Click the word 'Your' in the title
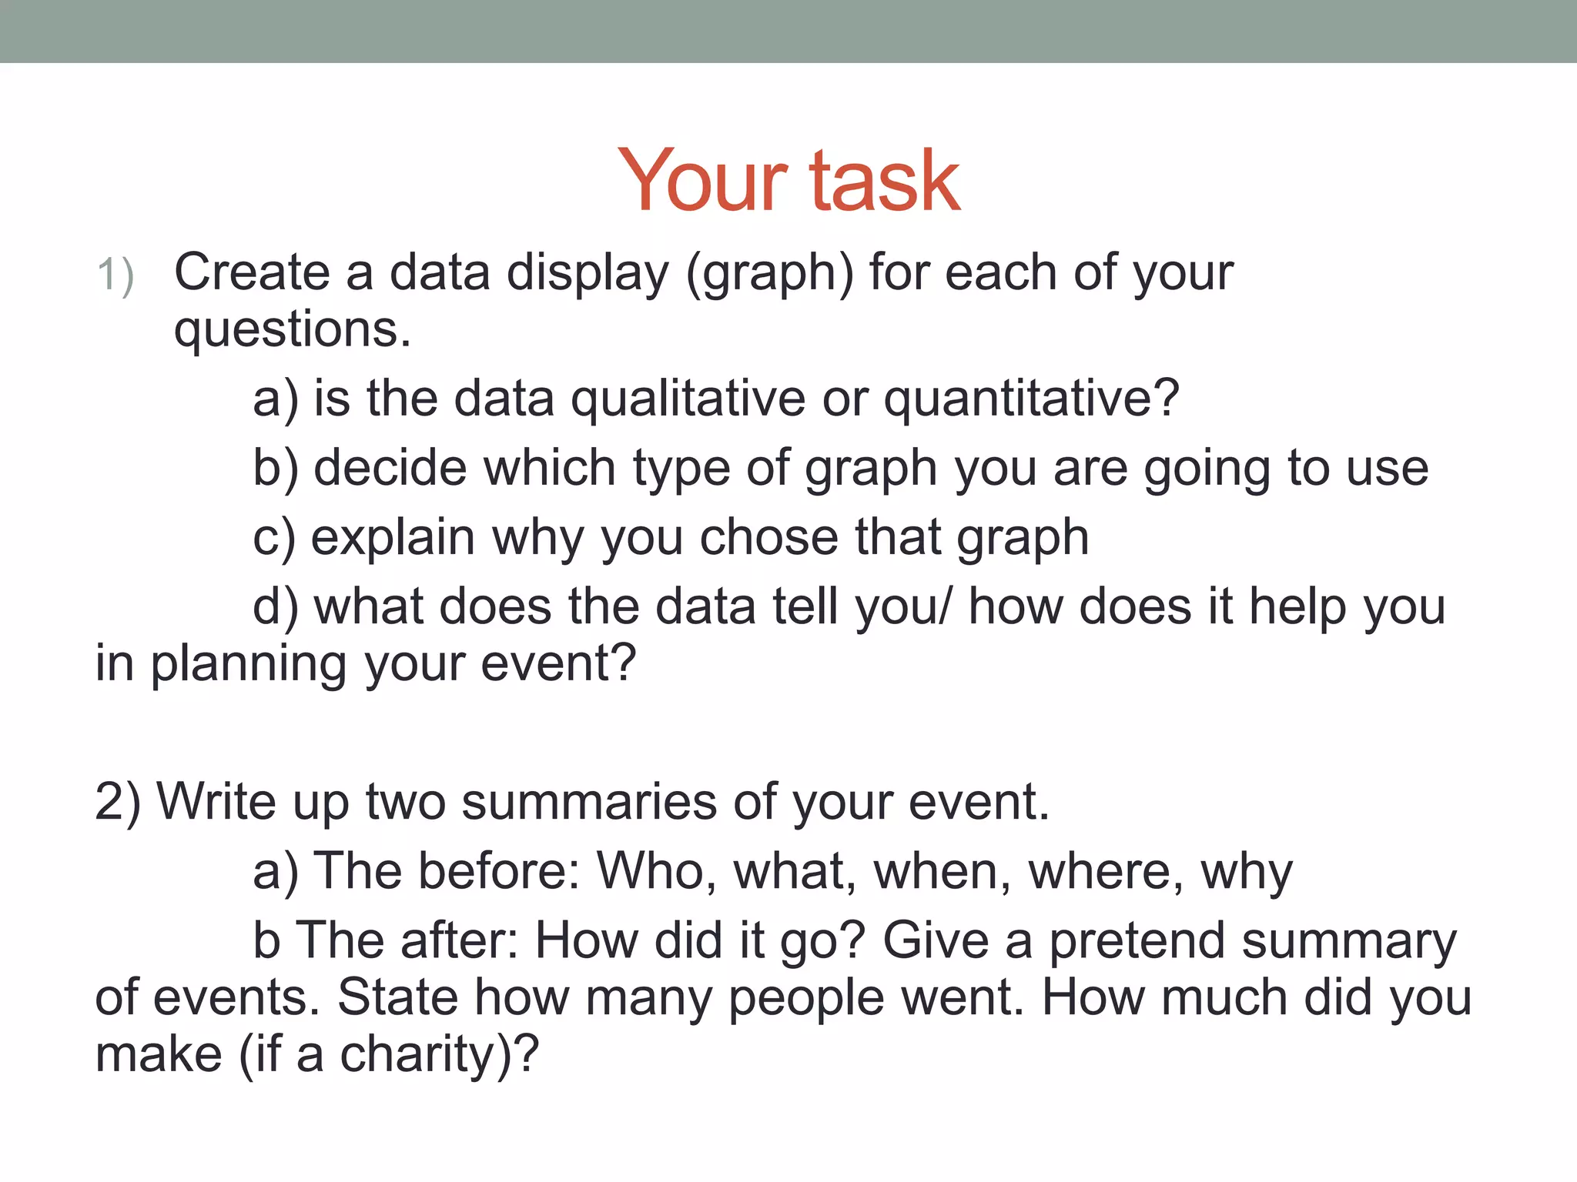[x=702, y=182]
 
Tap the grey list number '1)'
[x=116, y=275]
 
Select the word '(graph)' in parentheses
[x=769, y=274]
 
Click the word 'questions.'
[x=293, y=331]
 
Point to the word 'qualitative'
[x=688, y=400]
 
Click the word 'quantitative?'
[x=1031, y=400]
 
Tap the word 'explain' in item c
[x=393, y=539]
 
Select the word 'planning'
[x=248, y=665]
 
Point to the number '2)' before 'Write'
[x=118, y=803]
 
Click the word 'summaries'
[x=589, y=802]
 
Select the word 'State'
[x=397, y=997]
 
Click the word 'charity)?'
[x=440, y=1054]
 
